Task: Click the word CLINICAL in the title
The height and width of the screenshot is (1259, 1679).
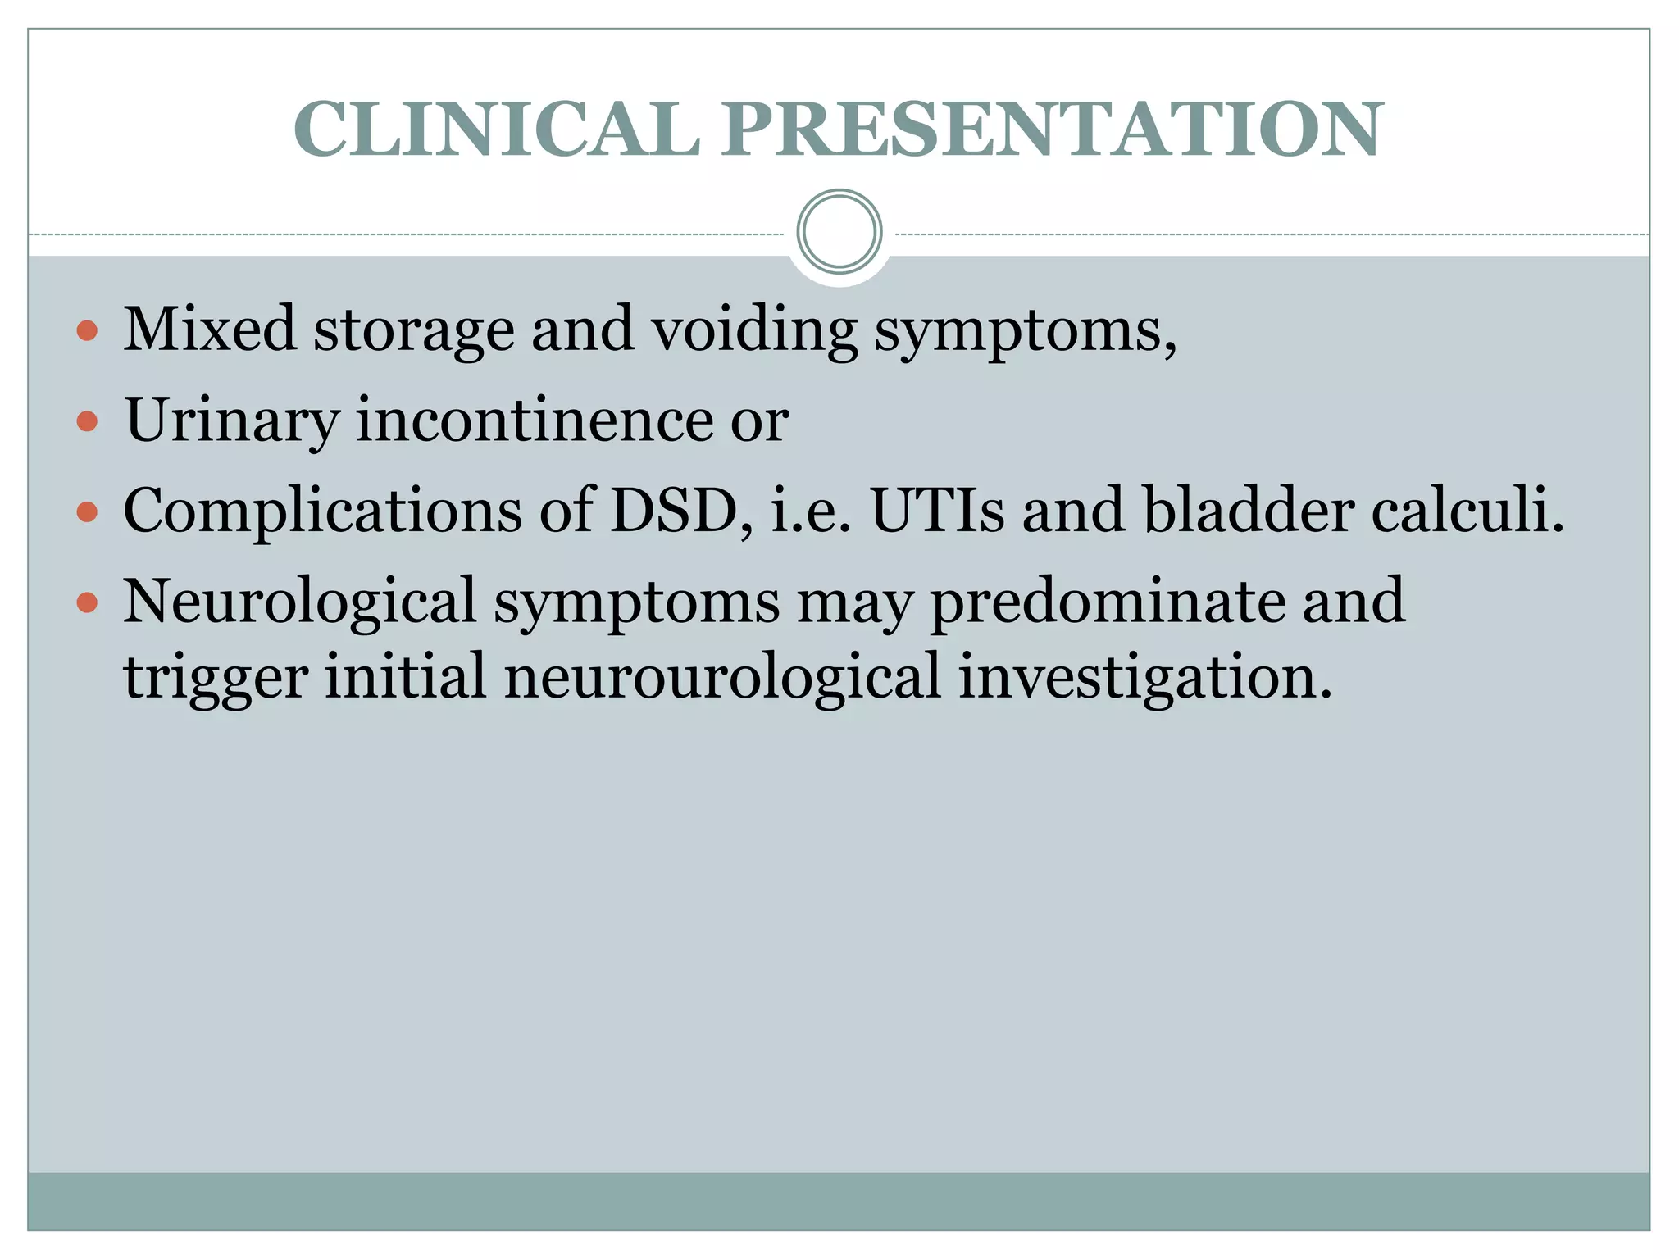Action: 497,130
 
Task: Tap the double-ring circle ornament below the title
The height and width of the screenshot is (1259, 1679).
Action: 839,232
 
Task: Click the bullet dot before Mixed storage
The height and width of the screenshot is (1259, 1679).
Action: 87,331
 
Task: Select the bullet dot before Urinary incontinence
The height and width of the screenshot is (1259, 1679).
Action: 87,422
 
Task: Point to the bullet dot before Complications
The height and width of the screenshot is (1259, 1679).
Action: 87,513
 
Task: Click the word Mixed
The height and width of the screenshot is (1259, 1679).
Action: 209,330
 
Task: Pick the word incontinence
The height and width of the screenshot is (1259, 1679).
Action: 535,420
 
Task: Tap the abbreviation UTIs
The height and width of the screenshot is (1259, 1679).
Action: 937,511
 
